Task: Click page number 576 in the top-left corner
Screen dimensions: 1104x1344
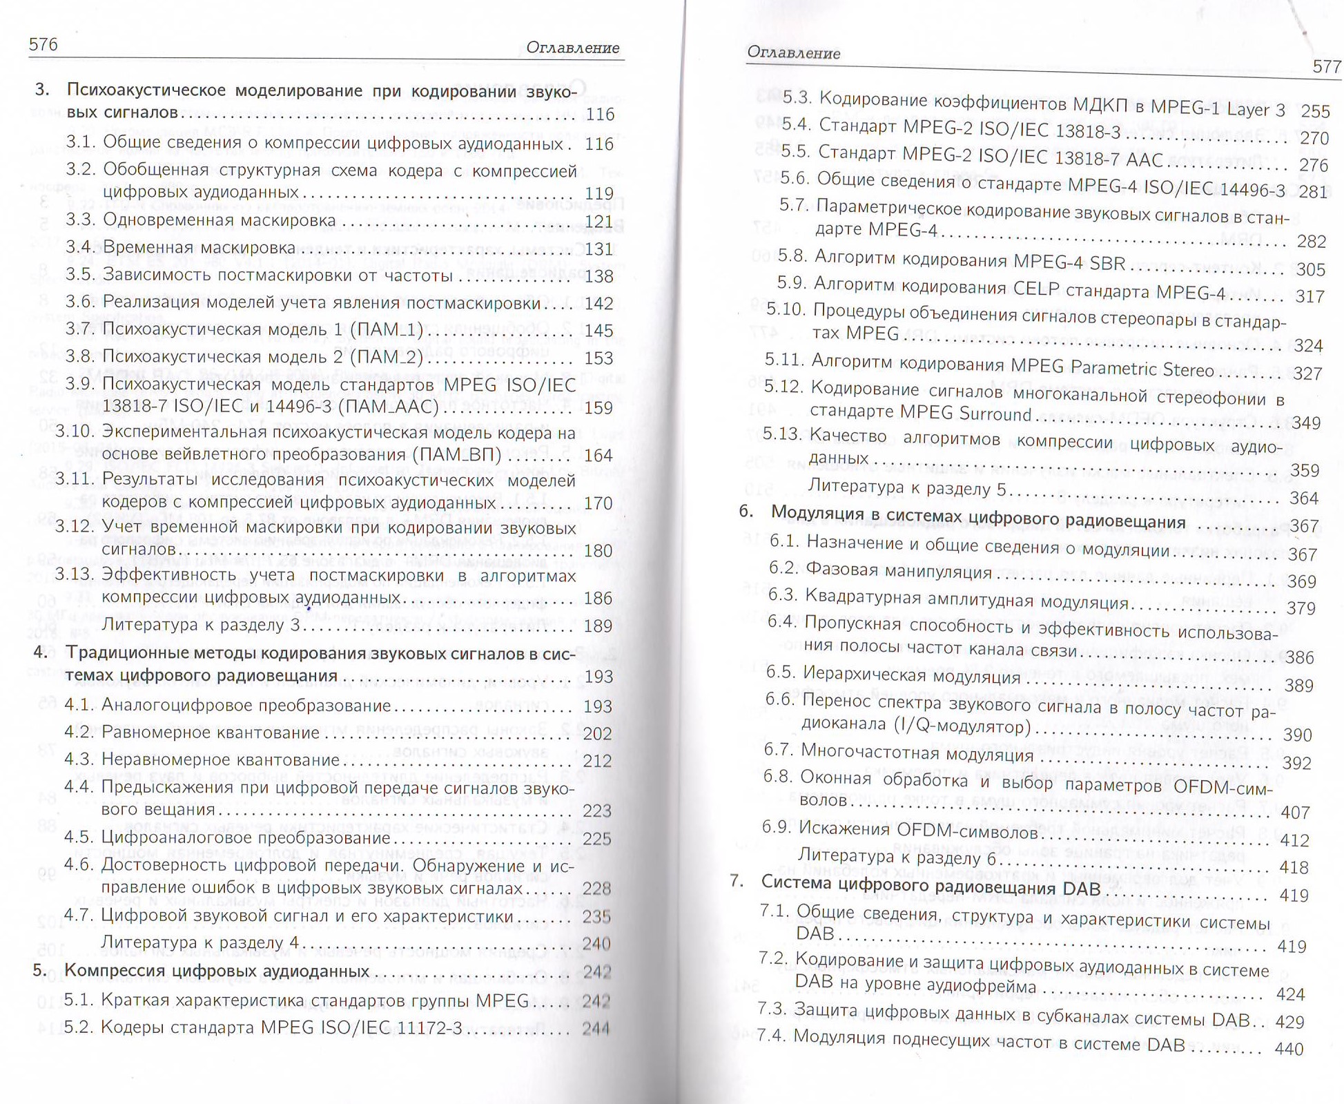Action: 43,45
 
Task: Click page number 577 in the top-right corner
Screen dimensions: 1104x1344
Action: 1325,67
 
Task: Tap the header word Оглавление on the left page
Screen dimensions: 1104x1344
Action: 572,48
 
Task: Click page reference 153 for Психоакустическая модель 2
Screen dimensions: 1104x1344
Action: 598,358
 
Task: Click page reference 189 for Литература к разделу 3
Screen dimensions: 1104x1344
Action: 598,626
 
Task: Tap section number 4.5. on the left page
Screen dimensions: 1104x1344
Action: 80,837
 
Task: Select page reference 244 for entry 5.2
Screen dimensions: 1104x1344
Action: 596,1029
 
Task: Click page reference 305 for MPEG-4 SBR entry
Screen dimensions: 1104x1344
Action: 1310,269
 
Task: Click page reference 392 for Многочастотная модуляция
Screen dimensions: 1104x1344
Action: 1296,763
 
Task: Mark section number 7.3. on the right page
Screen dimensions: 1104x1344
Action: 772,1009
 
